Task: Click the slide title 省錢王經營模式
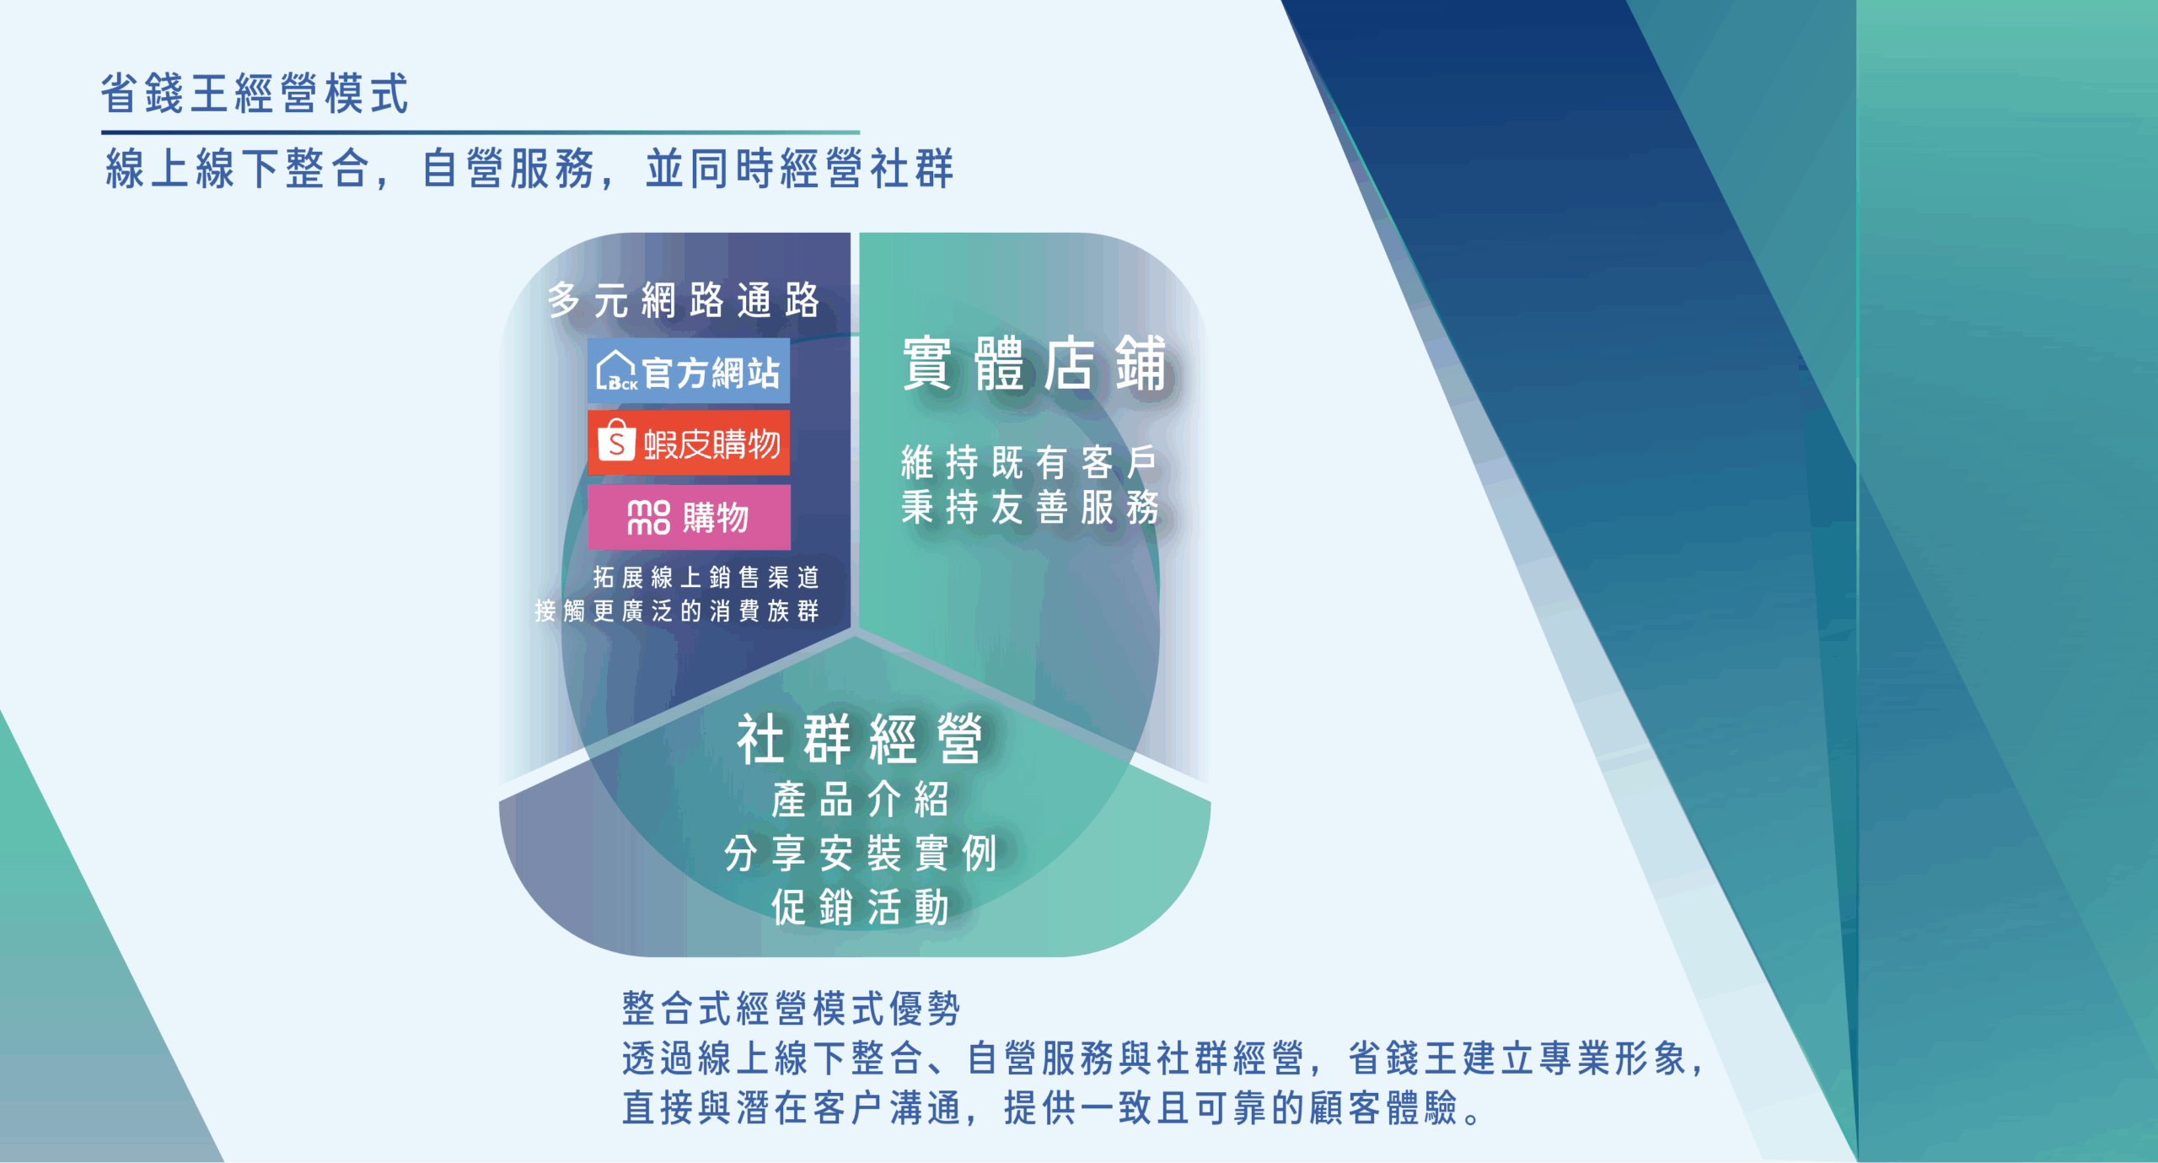coord(255,93)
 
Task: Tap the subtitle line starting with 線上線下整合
coord(529,168)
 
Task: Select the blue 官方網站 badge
coord(689,371)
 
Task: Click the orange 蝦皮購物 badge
coord(689,443)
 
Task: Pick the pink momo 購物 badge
coord(689,516)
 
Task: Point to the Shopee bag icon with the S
coord(616,439)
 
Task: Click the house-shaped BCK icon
coord(616,371)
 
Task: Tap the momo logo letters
coord(648,517)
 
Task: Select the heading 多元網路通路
coord(684,300)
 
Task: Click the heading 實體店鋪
coord(1035,363)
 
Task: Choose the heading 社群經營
coord(860,739)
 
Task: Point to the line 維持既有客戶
coord(1029,462)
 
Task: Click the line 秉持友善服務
coord(1030,507)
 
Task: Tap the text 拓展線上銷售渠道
coord(706,578)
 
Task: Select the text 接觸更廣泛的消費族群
coord(677,611)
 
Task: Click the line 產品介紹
coord(861,800)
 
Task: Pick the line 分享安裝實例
coord(861,853)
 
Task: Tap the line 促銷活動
coord(861,907)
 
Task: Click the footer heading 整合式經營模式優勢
coord(792,1009)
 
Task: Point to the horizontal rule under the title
coord(480,132)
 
